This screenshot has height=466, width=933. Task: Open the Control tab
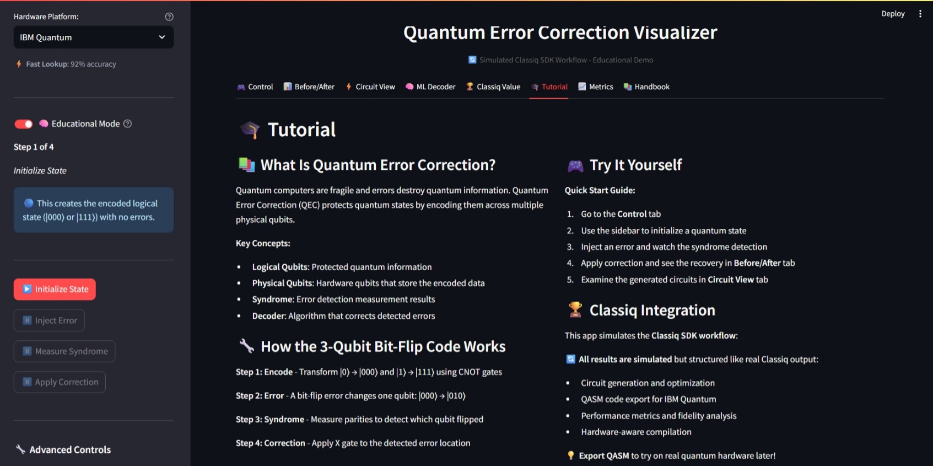[255, 87]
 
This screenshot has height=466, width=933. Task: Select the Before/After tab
[309, 87]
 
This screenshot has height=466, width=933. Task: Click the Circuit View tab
[370, 87]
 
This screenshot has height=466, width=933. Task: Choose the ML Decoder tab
[430, 87]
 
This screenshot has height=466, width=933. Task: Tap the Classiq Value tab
[493, 87]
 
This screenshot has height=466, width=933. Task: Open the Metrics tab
[596, 87]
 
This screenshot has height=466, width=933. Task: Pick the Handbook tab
[646, 87]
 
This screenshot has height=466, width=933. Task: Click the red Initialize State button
[55, 289]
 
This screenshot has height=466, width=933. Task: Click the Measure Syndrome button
[64, 351]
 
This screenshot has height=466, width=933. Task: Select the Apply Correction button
[60, 382]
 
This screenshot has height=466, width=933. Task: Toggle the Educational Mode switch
[24, 124]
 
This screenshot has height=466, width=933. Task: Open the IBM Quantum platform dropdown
[93, 38]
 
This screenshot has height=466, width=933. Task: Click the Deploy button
[893, 14]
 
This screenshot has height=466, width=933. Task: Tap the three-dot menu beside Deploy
[920, 14]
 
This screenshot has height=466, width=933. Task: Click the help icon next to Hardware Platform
[169, 17]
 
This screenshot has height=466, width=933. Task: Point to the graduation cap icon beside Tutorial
[250, 130]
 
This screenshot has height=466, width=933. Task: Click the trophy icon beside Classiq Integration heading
[575, 310]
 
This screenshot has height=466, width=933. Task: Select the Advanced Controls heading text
[70, 449]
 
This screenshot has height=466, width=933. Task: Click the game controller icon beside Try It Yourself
[575, 165]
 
